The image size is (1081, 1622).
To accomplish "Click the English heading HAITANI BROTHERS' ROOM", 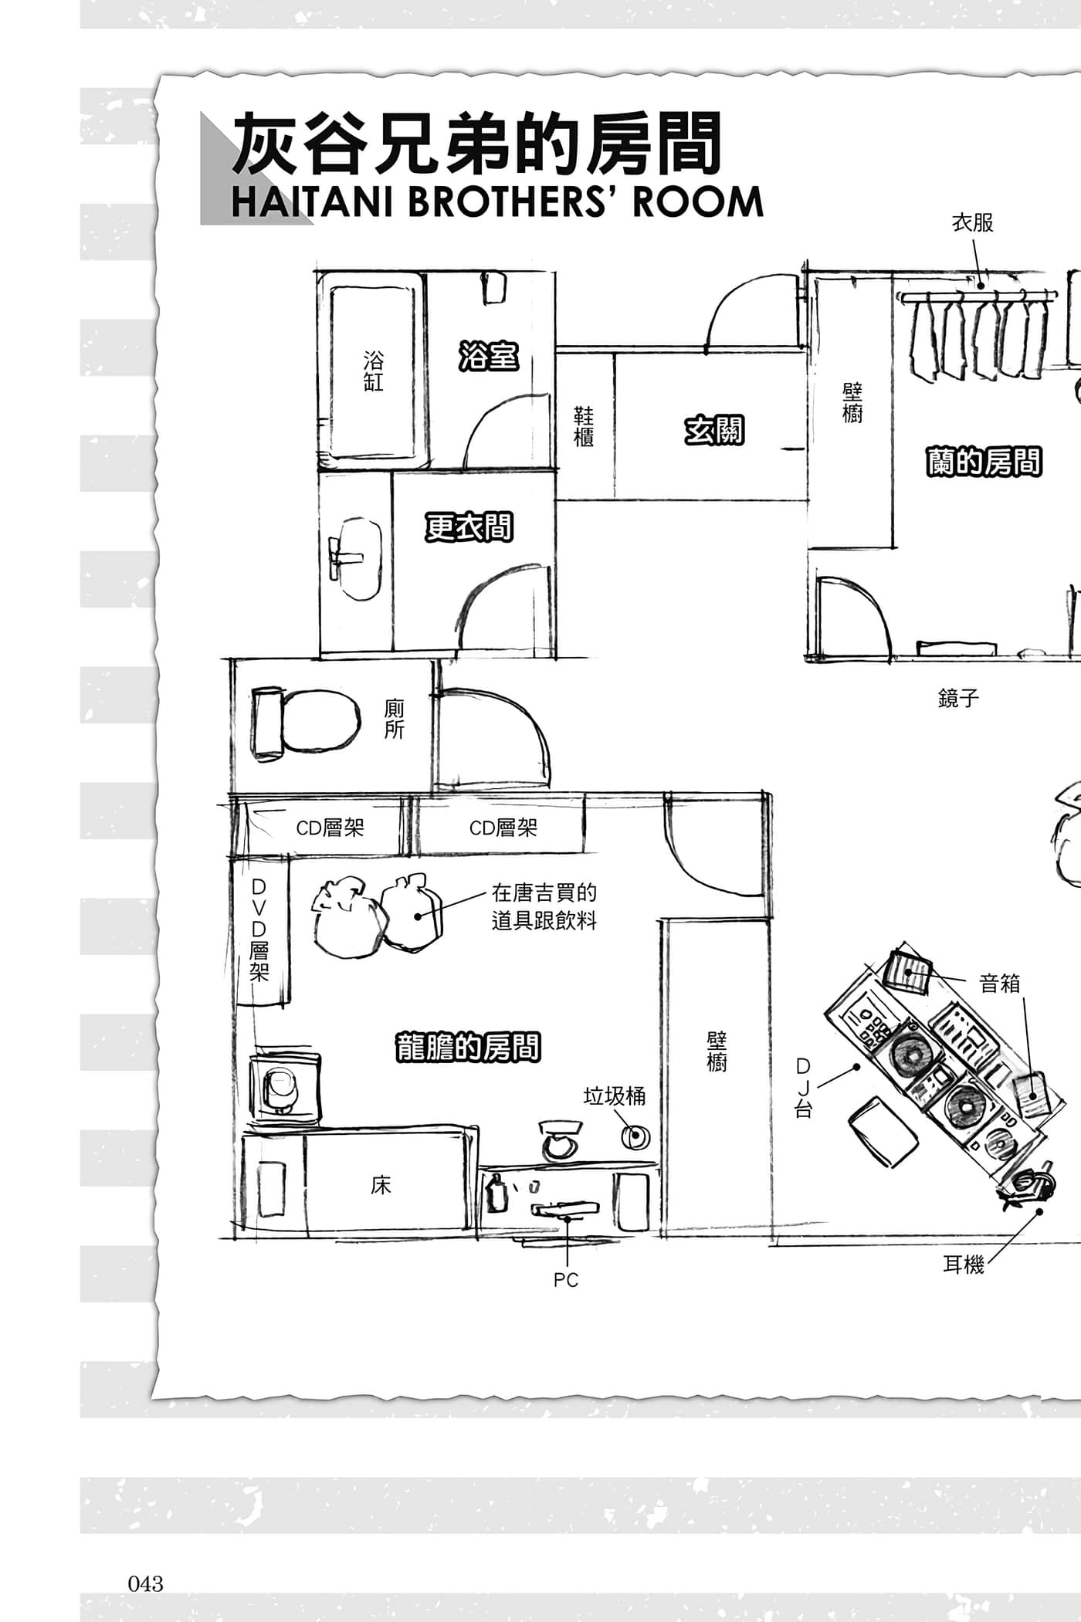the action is pyautogui.click(x=497, y=202).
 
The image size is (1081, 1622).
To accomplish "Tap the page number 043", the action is pyautogui.click(x=145, y=1583).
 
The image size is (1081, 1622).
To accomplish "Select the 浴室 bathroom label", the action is pyautogui.click(x=488, y=357).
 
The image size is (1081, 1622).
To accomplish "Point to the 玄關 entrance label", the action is pyautogui.click(x=714, y=431).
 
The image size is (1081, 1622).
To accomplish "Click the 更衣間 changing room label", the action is pyautogui.click(x=469, y=527).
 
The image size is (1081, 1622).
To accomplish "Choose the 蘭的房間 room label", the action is pyautogui.click(x=984, y=462).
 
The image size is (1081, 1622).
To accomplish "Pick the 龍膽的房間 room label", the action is pyautogui.click(x=467, y=1047).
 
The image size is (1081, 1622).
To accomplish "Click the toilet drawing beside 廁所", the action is pyautogui.click(x=306, y=720).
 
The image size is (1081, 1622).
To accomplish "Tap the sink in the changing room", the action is pyautogui.click(x=354, y=557).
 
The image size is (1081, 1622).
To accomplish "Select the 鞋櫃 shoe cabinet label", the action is pyautogui.click(x=584, y=427).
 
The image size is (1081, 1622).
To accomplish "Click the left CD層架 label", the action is pyautogui.click(x=330, y=828).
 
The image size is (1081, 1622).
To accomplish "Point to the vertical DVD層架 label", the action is pyautogui.click(x=259, y=930).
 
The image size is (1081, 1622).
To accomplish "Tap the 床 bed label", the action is pyautogui.click(x=381, y=1185).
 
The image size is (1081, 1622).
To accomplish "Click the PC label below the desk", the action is pyautogui.click(x=566, y=1280).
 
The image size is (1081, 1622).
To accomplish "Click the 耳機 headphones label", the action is pyautogui.click(x=964, y=1265).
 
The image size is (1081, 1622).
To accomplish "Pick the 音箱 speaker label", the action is pyautogui.click(x=999, y=984).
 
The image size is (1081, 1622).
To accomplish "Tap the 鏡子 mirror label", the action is pyautogui.click(x=958, y=699).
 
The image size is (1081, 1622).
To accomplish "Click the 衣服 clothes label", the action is pyautogui.click(x=973, y=223).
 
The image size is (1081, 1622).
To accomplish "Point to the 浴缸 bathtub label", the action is pyautogui.click(x=374, y=371).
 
